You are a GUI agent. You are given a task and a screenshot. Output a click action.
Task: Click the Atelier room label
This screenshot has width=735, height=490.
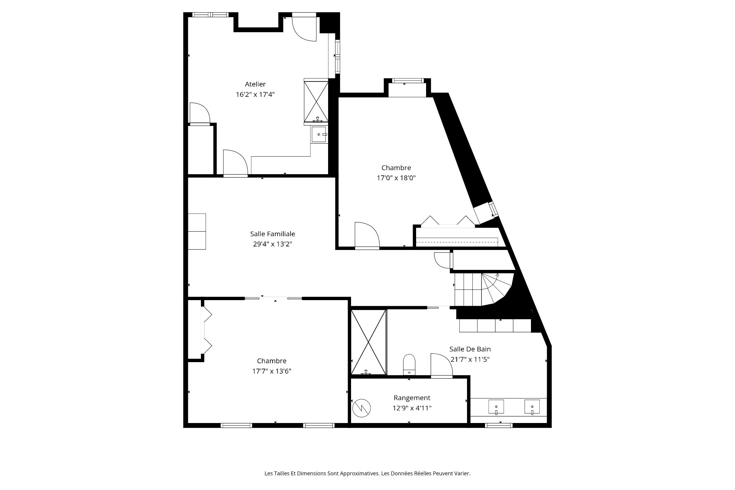(x=255, y=84)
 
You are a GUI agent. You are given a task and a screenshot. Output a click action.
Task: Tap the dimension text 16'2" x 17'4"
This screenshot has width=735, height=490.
(x=255, y=95)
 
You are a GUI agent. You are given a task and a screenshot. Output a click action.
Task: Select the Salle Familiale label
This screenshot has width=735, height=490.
(x=273, y=234)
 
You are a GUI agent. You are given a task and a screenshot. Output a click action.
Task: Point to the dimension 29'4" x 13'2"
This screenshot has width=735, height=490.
(x=273, y=244)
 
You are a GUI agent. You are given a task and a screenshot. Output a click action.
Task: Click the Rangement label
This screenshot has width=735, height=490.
(x=412, y=398)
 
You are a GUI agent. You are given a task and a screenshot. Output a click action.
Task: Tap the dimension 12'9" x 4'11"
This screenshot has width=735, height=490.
(x=412, y=408)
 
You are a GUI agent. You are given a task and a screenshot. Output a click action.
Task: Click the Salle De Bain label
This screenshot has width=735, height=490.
(x=470, y=349)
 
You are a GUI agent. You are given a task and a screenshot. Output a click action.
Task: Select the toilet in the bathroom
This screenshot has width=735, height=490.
(x=409, y=364)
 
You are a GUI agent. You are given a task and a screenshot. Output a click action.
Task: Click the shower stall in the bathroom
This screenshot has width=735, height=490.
(x=368, y=342)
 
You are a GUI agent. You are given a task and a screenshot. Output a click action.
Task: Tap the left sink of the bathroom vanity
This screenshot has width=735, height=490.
(x=496, y=407)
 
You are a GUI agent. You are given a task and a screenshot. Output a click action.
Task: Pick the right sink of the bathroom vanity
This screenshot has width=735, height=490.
(x=532, y=407)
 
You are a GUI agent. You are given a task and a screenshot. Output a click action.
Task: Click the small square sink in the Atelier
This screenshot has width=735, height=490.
(x=318, y=135)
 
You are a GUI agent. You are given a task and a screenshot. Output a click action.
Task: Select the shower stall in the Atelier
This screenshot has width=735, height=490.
(x=316, y=101)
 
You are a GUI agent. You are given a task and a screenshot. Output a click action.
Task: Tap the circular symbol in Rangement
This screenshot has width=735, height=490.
(x=361, y=408)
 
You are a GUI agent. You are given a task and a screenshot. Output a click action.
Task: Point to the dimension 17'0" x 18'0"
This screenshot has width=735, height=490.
(x=396, y=178)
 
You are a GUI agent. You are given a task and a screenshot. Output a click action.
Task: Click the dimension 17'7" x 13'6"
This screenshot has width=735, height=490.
(x=272, y=371)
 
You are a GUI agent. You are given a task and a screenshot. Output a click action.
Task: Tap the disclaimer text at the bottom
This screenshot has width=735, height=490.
(x=367, y=474)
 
